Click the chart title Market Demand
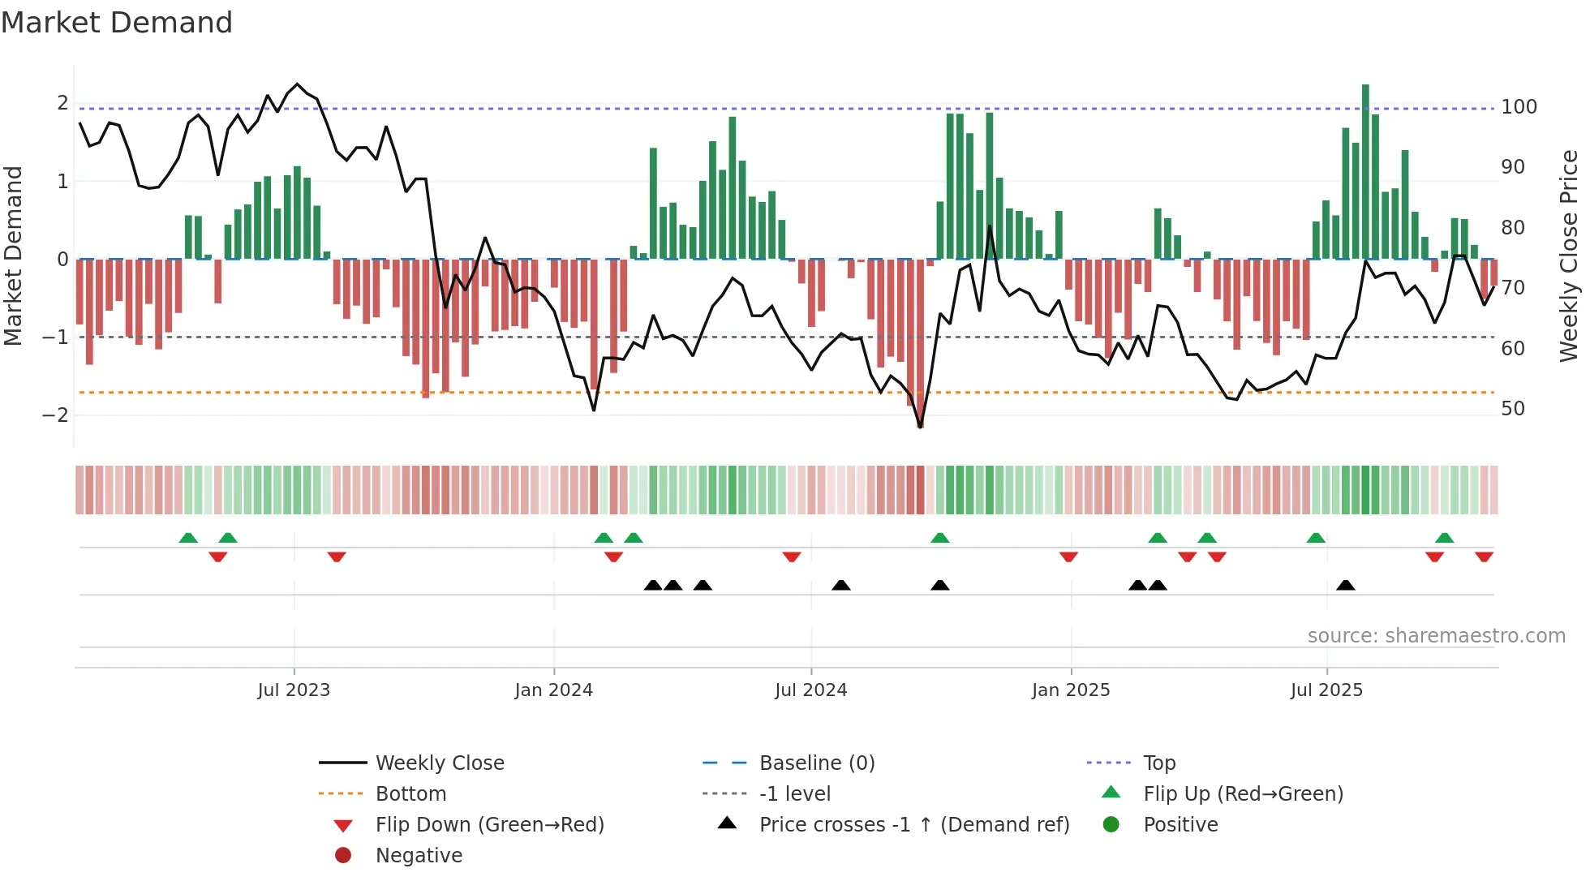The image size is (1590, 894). tap(117, 23)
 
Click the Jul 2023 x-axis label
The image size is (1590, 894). tap(294, 690)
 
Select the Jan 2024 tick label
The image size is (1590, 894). tap(554, 690)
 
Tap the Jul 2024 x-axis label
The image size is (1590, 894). tap(810, 690)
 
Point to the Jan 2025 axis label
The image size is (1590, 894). tap(1071, 690)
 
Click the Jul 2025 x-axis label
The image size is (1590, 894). tap(1326, 690)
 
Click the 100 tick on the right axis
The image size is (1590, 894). tap(1519, 107)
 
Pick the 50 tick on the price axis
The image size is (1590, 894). tap(1513, 409)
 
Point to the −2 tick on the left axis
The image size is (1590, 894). tap(55, 415)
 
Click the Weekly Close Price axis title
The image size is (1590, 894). tap(1569, 256)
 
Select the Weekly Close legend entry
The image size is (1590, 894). tap(439, 763)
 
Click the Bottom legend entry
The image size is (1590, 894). tap(410, 794)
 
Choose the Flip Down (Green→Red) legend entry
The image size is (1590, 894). tap(489, 825)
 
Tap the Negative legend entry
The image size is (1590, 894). tap(419, 856)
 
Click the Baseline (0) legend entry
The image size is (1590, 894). tap(816, 763)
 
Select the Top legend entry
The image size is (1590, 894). tap(1159, 763)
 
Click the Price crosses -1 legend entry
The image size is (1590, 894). tap(913, 825)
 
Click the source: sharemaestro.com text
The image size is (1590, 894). tap(1436, 636)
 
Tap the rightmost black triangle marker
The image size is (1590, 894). tap(1346, 586)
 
